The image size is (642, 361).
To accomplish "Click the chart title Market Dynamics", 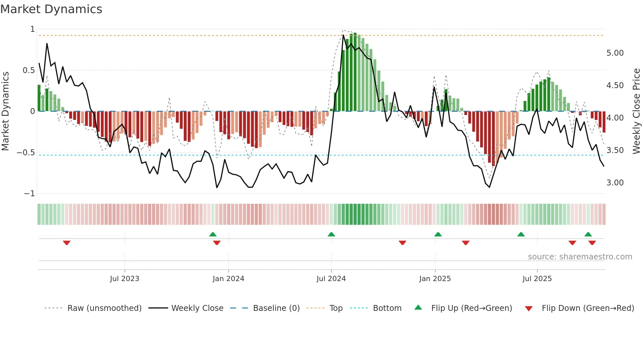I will tap(51, 9).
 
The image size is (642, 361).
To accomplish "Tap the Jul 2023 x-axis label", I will tap(124, 279).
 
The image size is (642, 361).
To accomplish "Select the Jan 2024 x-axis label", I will tap(228, 279).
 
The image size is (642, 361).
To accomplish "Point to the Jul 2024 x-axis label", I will tap(331, 279).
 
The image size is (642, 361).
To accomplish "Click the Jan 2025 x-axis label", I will tap(435, 279).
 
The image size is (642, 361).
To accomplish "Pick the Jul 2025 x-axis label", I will tap(537, 279).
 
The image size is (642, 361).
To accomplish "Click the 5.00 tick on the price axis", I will tap(615, 53).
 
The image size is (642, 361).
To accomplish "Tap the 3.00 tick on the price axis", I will tap(615, 183).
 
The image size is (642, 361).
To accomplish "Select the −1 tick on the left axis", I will tap(29, 194).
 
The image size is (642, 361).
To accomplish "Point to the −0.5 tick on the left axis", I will tap(26, 153).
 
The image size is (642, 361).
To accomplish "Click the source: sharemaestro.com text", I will tap(580, 257).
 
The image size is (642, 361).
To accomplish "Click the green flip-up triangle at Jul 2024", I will tap(331, 234).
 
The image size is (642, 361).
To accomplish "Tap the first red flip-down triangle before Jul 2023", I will tap(67, 243).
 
